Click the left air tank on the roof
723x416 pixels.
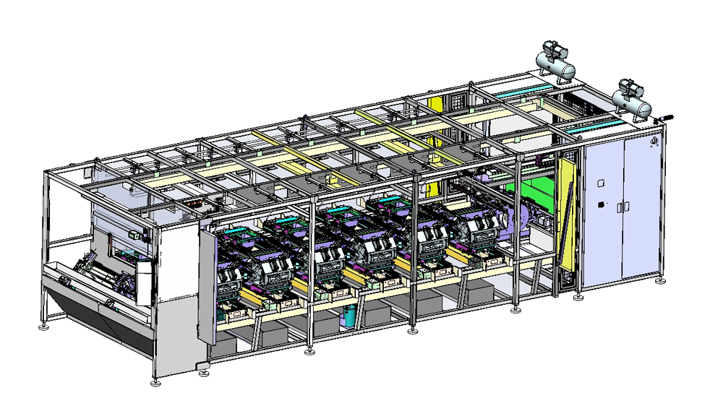pyautogui.click(x=558, y=66)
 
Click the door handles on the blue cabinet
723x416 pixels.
pyautogui.click(x=622, y=207)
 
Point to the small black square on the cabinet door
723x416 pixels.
pyautogui.click(x=599, y=206)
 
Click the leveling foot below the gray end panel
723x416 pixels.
pyautogui.click(x=155, y=381)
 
